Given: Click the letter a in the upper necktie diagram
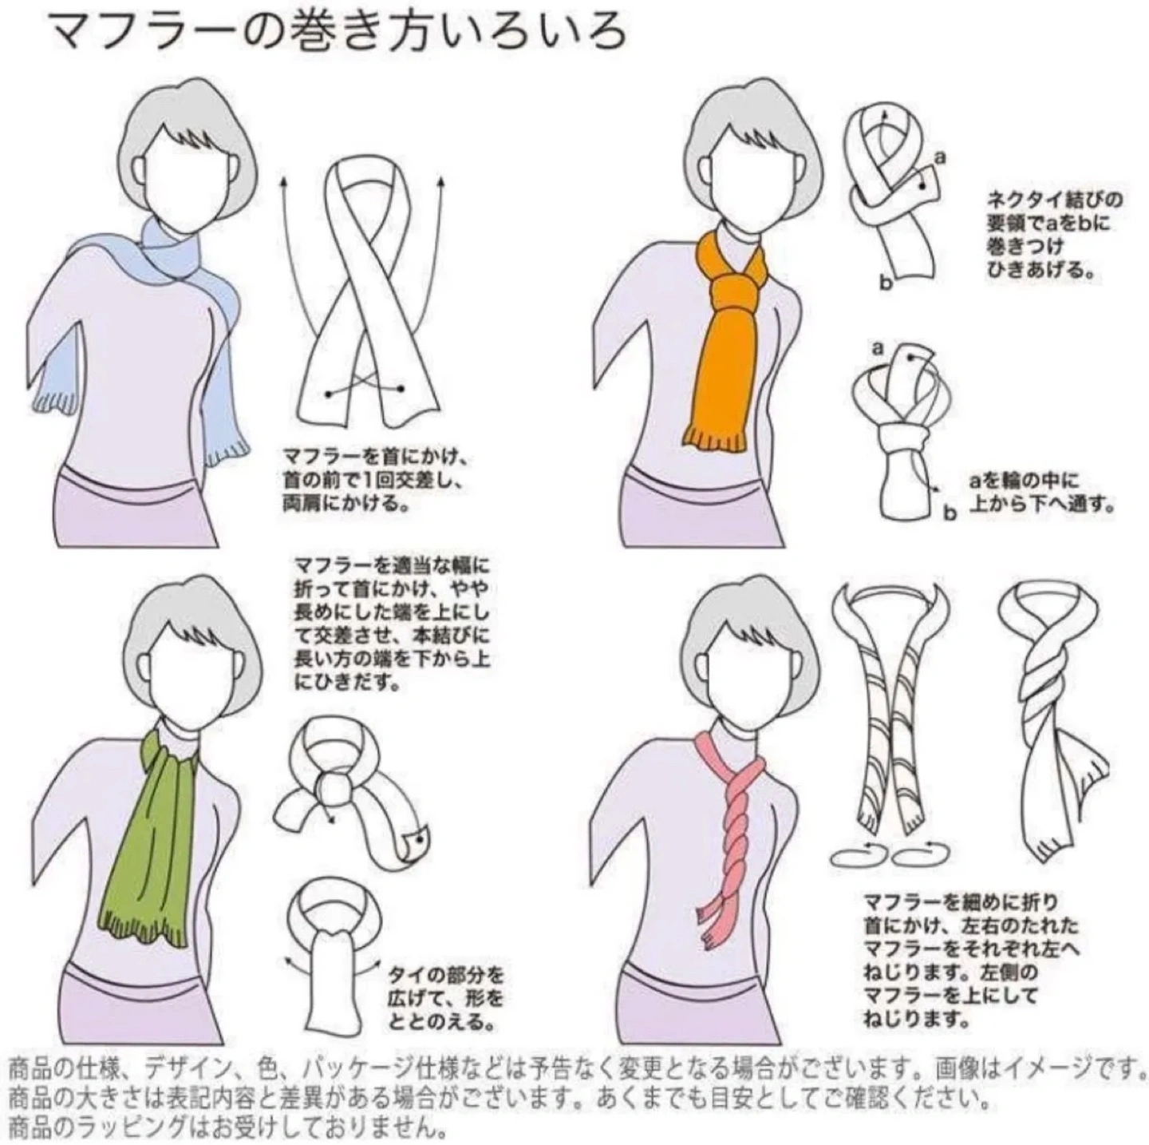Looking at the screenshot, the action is (x=940, y=158).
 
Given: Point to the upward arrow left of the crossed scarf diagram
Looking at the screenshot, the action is (x=285, y=287).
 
